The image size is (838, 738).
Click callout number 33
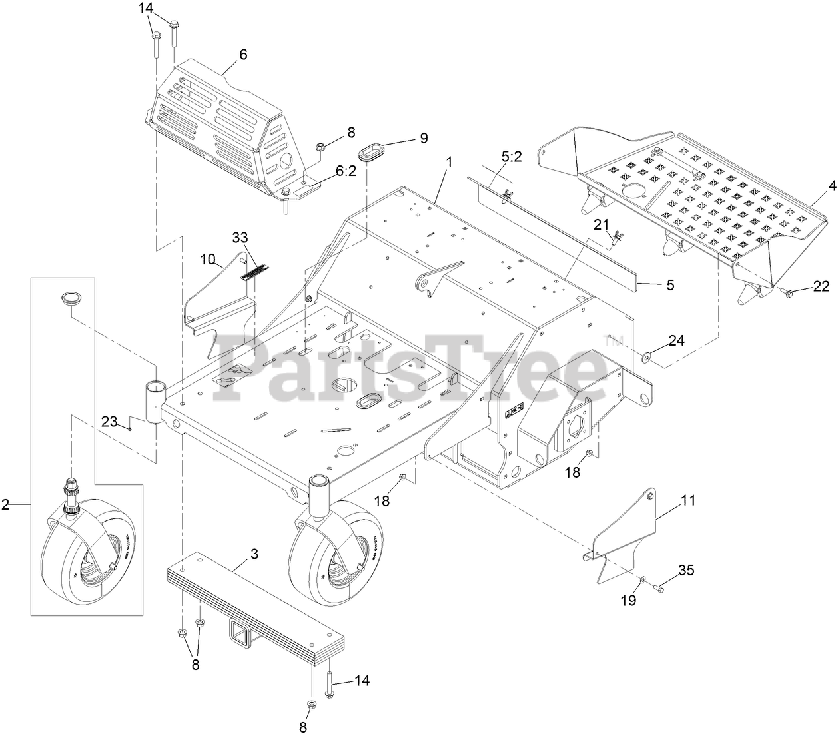tap(240, 237)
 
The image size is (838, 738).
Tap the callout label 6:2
tap(346, 171)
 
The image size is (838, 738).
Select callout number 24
tap(676, 341)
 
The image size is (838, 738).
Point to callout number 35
tap(686, 570)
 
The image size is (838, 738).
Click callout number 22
tap(821, 286)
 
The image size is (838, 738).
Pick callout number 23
tap(109, 421)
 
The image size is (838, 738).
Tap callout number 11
tap(688, 500)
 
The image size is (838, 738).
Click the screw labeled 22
tap(787, 292)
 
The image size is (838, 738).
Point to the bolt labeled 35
tap(659, 588)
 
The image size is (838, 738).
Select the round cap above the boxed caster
tap(71, 298)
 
